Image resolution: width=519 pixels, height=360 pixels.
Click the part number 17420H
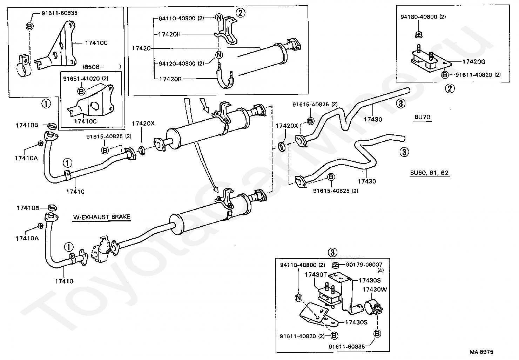[x=170, y=34]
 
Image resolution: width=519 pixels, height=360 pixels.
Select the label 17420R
[x=170, y=79]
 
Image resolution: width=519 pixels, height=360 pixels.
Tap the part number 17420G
[x=473, y=62]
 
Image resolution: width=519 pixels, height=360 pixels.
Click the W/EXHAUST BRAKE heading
[x=101, y=217]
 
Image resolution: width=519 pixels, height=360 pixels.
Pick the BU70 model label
[x=422, y=117]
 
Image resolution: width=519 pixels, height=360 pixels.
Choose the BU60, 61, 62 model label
[x=430, y=173]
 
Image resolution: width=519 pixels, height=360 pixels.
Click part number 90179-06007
[x=364, y=265]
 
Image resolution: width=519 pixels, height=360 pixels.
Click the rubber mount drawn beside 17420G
[x=425, y=60]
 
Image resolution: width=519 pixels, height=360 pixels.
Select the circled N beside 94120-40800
[x=219, y=55]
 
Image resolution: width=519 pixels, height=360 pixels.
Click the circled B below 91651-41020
[x=81, y=91]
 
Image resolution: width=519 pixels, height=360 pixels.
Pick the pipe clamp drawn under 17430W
[x=373, y=307]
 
